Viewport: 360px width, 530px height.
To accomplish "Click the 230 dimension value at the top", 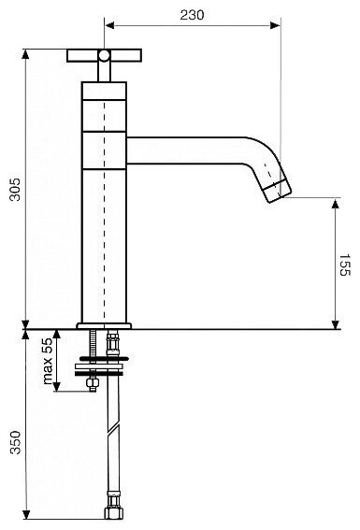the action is [192, 15].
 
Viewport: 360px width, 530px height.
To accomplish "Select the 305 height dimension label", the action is [15, 190].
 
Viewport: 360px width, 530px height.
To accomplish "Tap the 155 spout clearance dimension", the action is [345, 265].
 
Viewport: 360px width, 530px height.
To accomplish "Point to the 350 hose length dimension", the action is [15, 442].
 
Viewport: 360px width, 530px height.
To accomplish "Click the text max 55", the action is [48, 361].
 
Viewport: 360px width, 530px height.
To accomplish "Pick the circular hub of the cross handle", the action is [104, 55].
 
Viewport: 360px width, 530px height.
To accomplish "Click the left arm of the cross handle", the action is [83, 55].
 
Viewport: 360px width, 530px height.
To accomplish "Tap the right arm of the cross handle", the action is [125, 55].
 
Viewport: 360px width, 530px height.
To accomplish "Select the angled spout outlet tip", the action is [277, 192].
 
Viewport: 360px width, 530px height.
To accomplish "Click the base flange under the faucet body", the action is [104, 326].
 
